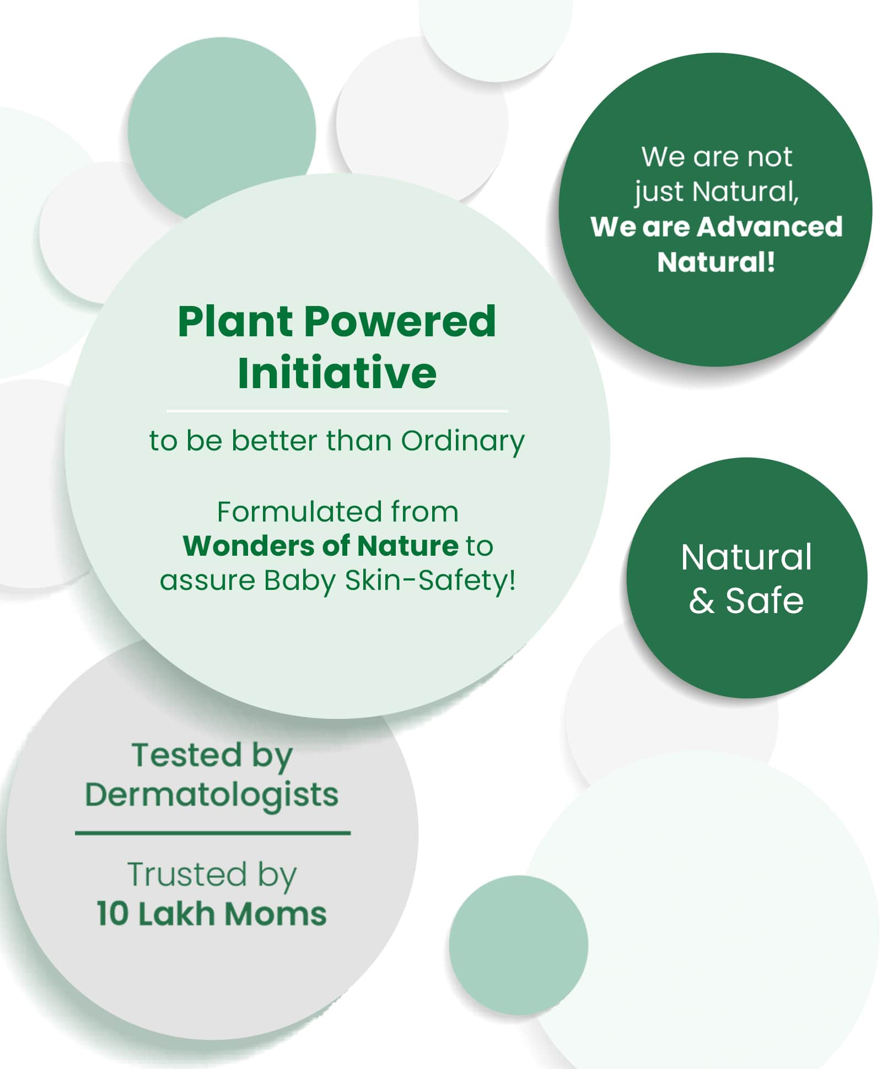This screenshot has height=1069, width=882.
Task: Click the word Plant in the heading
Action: tap(236, 321)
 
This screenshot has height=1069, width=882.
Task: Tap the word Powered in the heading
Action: tap(400, 321)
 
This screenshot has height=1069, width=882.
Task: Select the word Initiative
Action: tap(337, 373)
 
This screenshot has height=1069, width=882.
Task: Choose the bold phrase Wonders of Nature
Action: tap(320, 546)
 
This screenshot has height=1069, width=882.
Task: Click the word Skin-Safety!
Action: tap(431, 581)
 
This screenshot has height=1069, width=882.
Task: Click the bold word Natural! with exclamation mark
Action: tap(716, 261)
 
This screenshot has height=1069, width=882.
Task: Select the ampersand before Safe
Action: tap(701, 601)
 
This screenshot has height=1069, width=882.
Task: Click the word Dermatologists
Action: tap(212, 796)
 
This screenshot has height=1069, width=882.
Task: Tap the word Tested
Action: tap(186, 755)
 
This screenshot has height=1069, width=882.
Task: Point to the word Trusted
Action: tap(186, 874)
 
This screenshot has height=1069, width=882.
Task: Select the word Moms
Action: tap(275, 914)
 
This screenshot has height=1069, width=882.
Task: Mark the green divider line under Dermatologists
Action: tap(213, 833)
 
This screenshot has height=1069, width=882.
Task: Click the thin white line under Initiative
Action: tap(337, 411)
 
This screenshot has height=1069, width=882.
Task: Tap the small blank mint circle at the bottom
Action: tap(518, 945)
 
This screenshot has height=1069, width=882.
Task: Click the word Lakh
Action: tap(176, 914)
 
